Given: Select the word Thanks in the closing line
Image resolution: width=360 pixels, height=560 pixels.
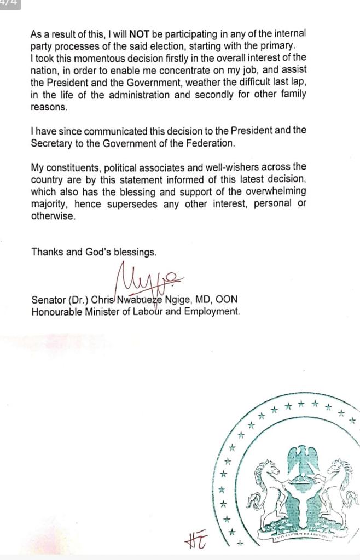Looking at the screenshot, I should coord(47,252).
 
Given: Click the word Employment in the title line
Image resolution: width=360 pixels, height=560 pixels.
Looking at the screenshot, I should coord(214,312).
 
